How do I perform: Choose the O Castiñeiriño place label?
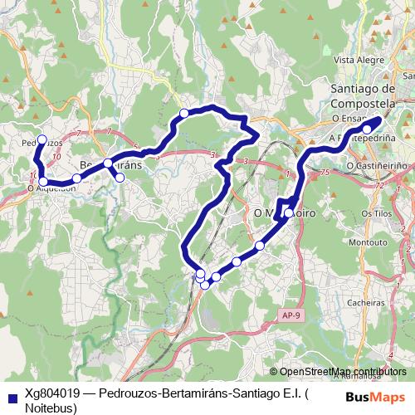pyautogui.click(x=377, y=166)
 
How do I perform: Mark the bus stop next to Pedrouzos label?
pyautogui.click(x=42, y=140)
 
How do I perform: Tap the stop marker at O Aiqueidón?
pyautogui.click(x=43, y=181)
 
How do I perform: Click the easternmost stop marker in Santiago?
pyautogui.click(x=367, y=129)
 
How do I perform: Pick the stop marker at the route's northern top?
pyautogui.click(x=183, y=113)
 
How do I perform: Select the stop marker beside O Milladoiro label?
pyautogui.click(x=288, y=213)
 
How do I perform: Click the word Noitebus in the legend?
pyautogui.click(x=51, y=408)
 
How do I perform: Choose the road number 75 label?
pyautogui.click(x=324, y=172)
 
